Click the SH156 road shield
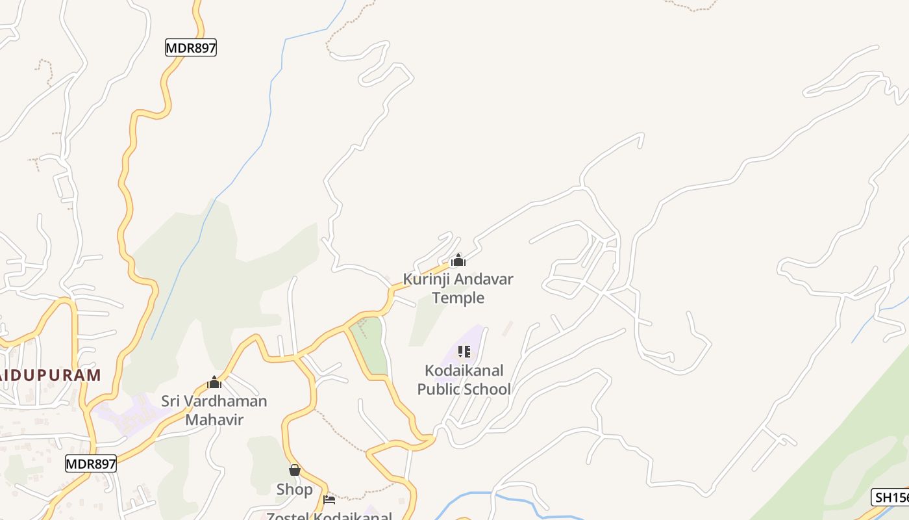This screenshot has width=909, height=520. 890,498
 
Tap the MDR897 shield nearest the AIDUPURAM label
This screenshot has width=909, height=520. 91,463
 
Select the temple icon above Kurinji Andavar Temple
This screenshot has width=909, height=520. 458,261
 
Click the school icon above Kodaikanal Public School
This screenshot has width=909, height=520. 464,352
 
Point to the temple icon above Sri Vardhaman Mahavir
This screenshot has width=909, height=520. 214,382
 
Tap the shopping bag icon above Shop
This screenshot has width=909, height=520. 295,470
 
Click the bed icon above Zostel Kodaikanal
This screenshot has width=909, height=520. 329,500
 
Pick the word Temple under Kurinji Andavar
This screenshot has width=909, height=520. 458,298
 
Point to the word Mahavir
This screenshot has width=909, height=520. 214,419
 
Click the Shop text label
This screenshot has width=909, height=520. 295,489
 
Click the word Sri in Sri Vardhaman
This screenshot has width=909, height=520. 171,400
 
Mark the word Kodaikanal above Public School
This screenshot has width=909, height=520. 464,370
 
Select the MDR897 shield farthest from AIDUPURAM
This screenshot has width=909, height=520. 191,47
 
